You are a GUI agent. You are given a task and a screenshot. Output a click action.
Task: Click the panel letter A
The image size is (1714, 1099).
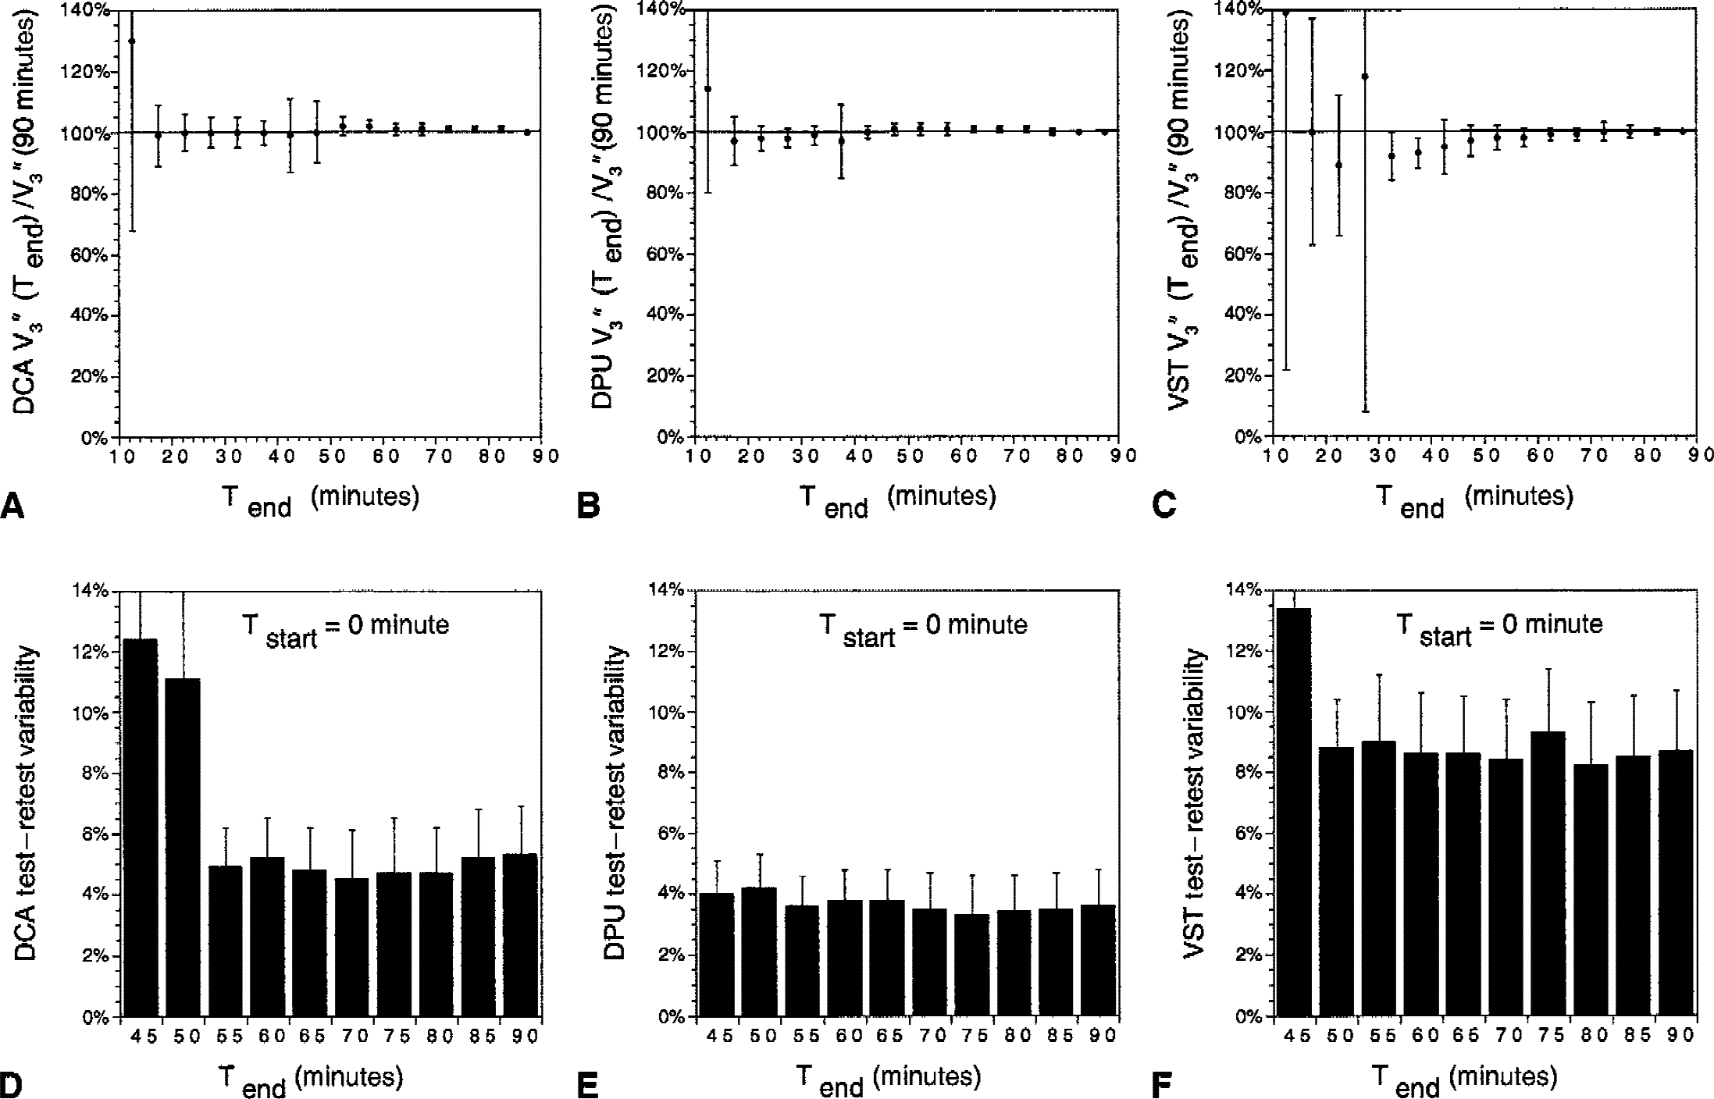(x=13, y=507)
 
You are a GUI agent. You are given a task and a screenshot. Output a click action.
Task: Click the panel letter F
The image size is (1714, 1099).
(x=1163, y=1086)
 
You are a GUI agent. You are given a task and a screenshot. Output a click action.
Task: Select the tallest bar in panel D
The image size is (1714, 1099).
(x=141, y=827)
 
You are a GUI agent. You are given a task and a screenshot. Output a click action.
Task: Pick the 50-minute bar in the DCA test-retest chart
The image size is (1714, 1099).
(x=184, y=847)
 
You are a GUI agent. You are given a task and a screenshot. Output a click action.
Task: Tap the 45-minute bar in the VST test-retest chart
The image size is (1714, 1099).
(x=1294, y=812)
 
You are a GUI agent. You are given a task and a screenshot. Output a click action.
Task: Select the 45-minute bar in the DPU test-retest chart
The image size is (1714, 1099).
(x=716, y=955)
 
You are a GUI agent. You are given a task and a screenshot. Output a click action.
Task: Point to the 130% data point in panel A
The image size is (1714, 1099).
(x=131, y=41)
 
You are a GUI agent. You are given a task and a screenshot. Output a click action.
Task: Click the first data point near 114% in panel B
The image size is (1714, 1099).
(x=707, y=89)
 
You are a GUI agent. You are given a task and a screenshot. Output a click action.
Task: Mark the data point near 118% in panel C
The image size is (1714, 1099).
(x=1365, y=76)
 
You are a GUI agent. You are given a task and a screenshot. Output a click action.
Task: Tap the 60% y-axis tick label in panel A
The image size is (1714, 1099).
(x=91, y=255)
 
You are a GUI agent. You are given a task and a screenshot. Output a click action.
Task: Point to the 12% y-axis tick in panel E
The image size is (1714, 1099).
(x=668, y=652)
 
